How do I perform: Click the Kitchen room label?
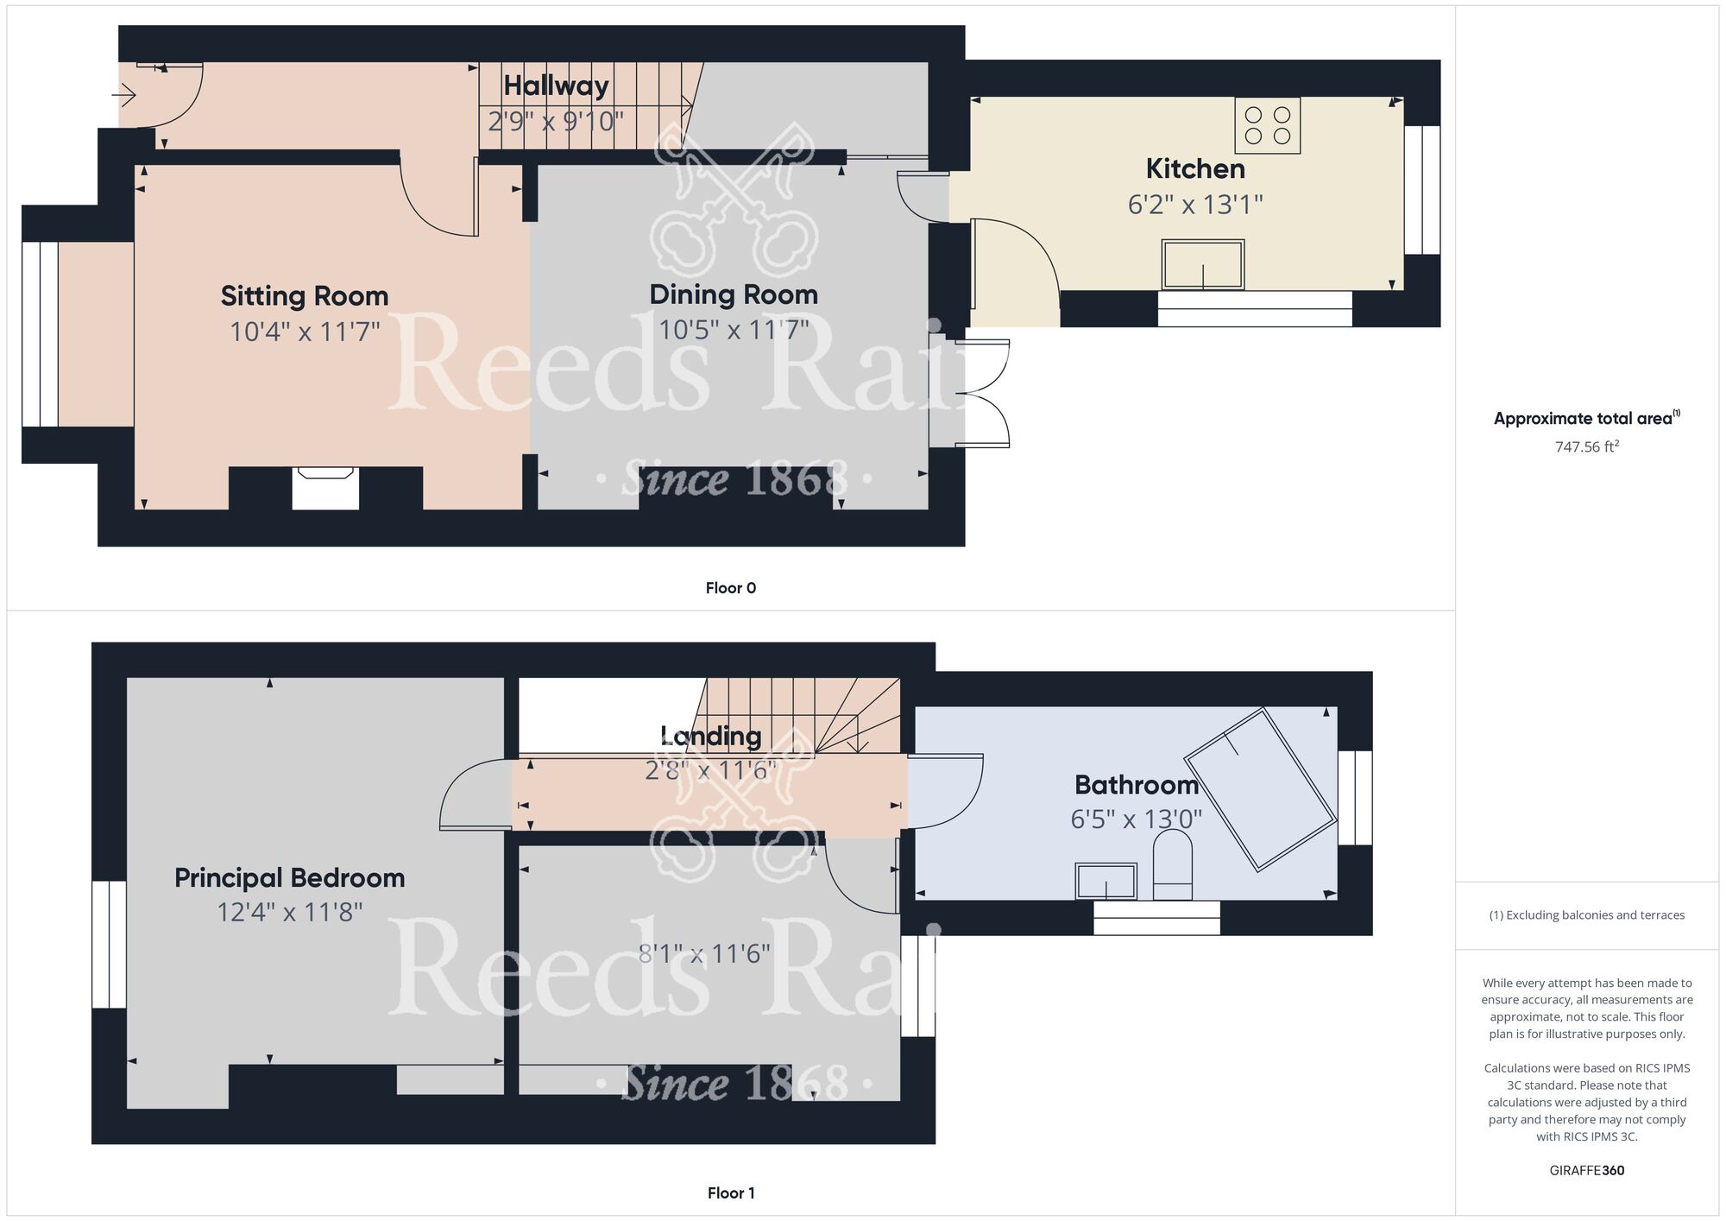pyautogui.click(x=1194, y=168)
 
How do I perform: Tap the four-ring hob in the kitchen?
pyautogui.click(x=1267, y=126)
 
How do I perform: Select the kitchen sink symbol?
pyautogui.click(x=1203, y=264)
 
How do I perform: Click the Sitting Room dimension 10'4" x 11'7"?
pyautogui.click(x=305, y=332)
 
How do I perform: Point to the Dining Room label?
pyautogui.click(x=734, y=294)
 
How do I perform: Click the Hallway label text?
pyautogui.click(x=556, y=85)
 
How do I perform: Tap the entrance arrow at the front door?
pyautogui.click(x=125, y=95)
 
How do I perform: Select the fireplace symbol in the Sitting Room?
pyautogui.click(x=325, y=488)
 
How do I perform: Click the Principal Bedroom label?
pyautogui.click(x=289, y=878)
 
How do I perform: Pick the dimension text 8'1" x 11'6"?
pyautogui.click(x=704, y=953)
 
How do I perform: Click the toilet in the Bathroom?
pyautogui.click(x=1172, y=865)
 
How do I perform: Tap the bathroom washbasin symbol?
pyautogui.click(x=1106, y=881)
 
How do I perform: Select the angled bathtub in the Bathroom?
pyautogui.click(x=1260, y=788)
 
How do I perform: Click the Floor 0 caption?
pyautogui.click(x=730, y=588)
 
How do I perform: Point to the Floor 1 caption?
pyautogui.click(x=730, y=1193)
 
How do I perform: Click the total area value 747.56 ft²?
pyautogui.click(x=1586, y=447)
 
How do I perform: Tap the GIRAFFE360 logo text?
pyautogui.click(x=1586, y=1171)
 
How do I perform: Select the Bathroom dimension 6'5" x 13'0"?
pyautogui.click(x=1136, y=819)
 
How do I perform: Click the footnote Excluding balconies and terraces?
pyautogui.click(x=1586, y=915)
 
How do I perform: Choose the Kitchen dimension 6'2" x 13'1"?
pyautogui.click(x=1194, y=205)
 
